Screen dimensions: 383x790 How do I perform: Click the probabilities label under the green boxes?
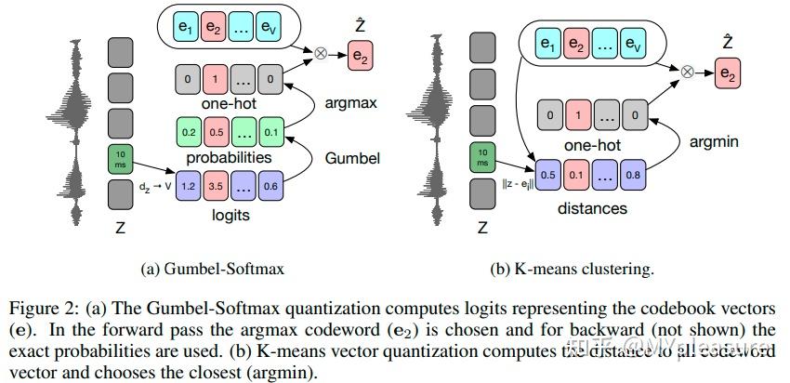[230, 157]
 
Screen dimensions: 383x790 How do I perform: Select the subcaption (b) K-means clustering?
[572, 270]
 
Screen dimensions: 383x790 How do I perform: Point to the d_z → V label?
[155, 187]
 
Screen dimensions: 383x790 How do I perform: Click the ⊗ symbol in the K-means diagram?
[687, 71]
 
